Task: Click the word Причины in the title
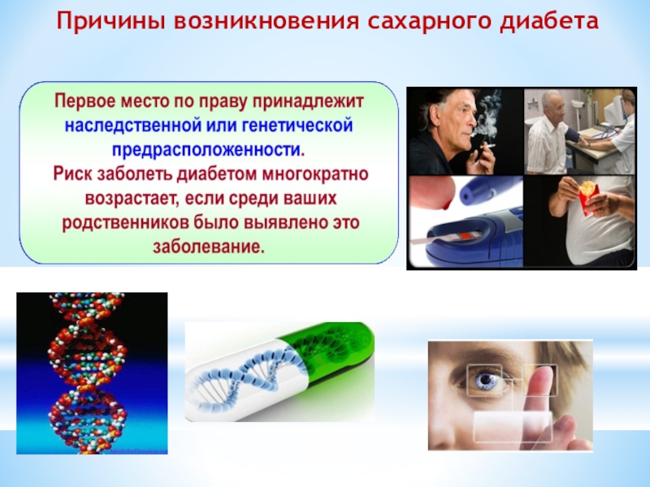111,21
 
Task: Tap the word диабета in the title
548,21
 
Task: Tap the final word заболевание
209,248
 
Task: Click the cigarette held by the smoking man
487,146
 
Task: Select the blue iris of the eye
483,381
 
